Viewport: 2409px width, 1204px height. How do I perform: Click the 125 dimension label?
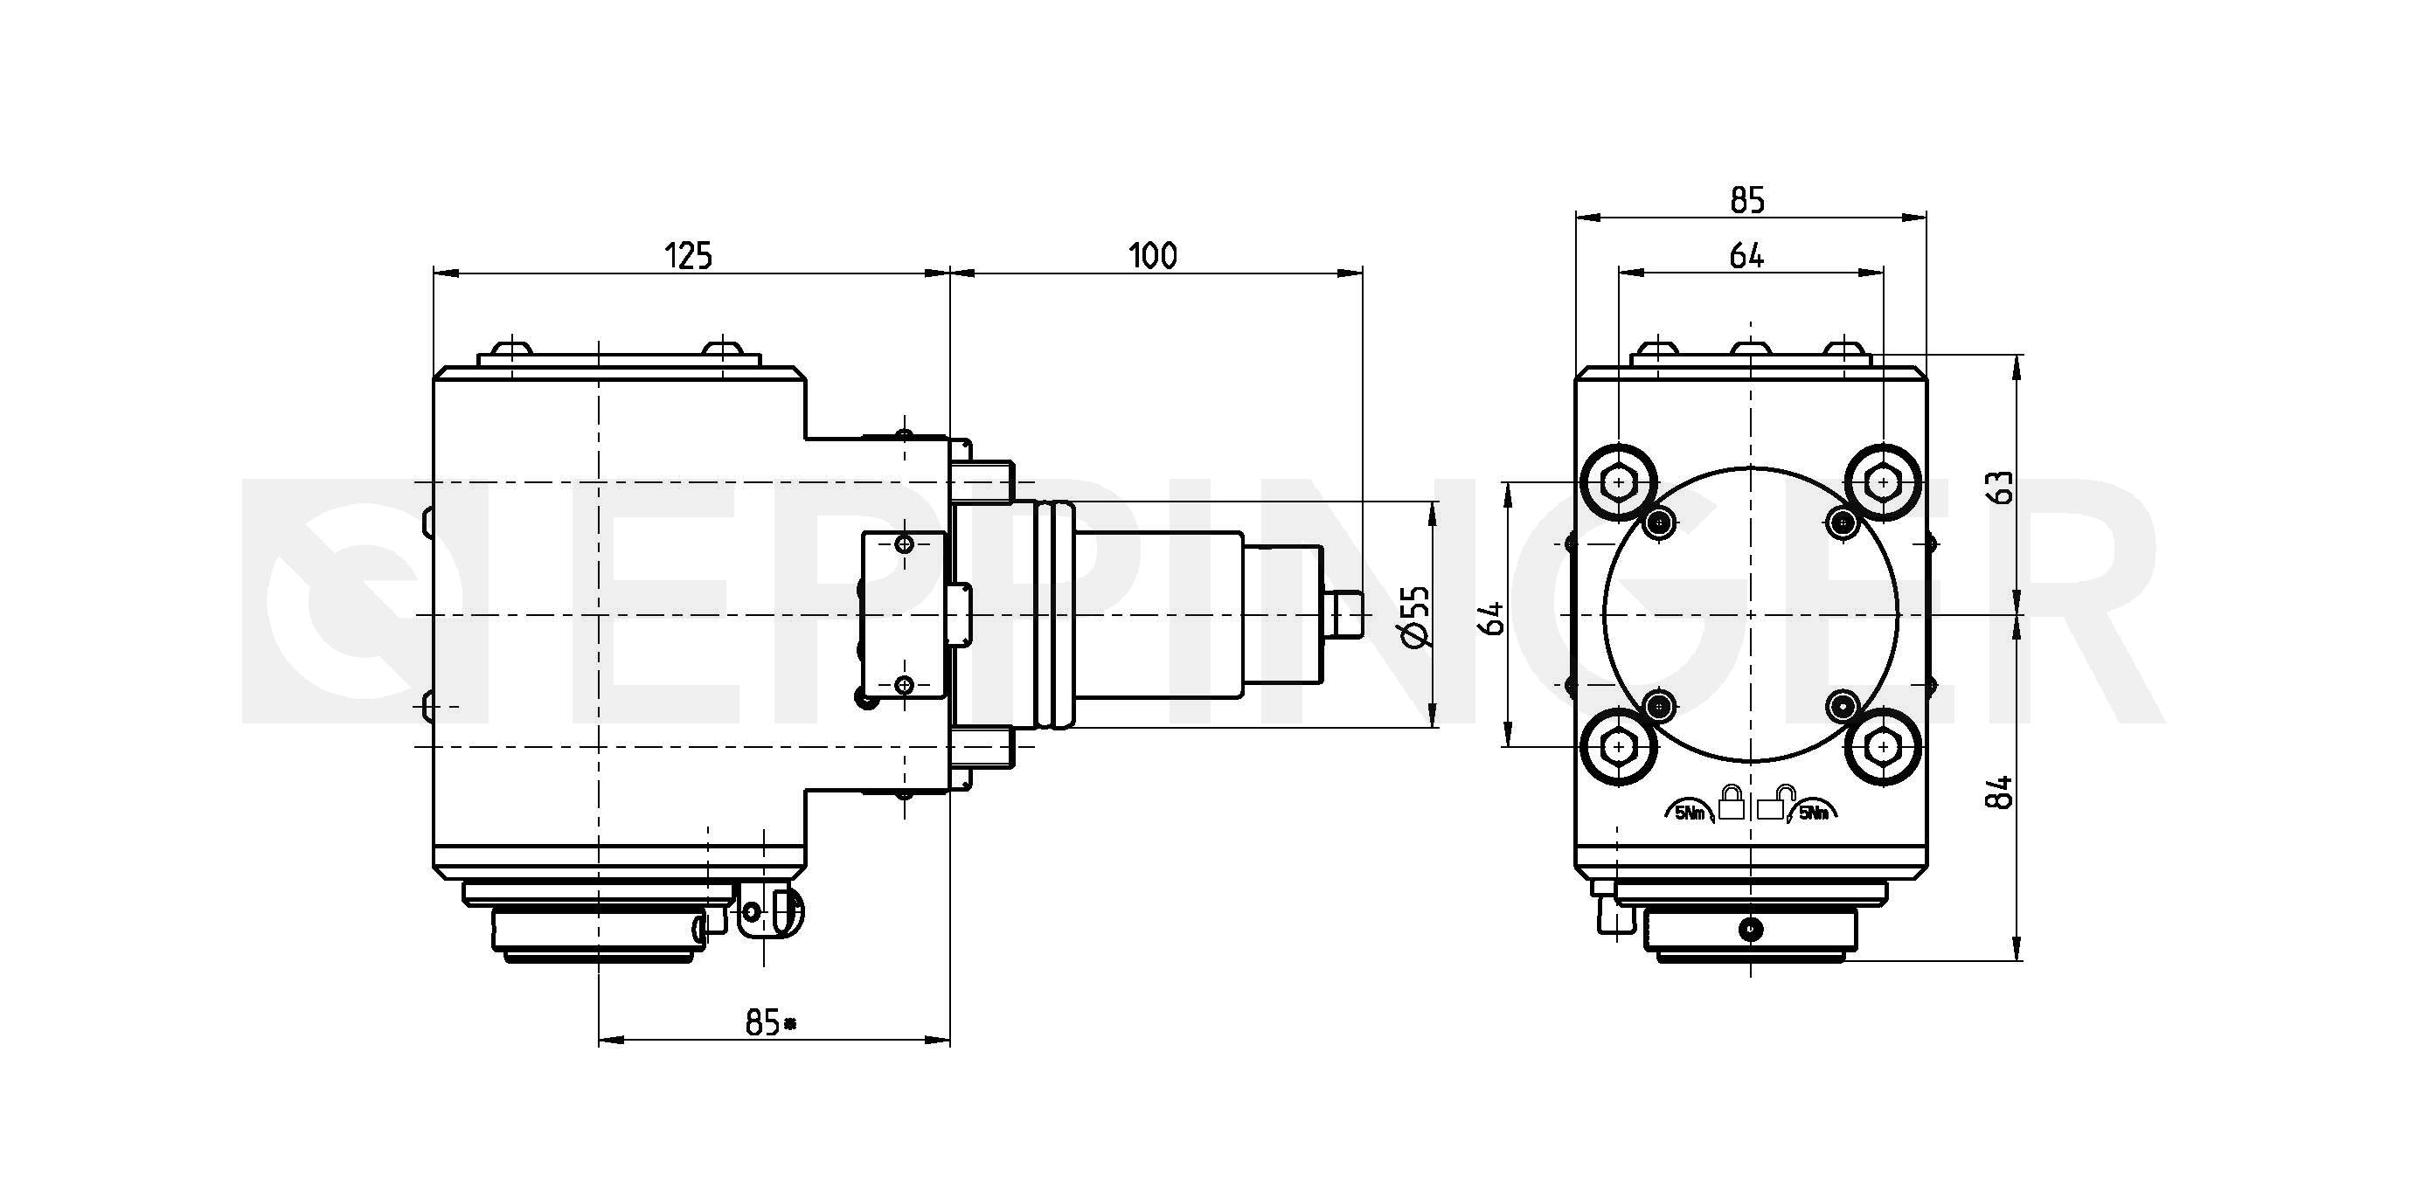click(688, 255)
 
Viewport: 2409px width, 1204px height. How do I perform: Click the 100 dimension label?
click(1153, 255)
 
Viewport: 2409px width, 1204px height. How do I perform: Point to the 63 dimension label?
click(2002, 486)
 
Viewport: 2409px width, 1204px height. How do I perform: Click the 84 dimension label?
click(2002, 792)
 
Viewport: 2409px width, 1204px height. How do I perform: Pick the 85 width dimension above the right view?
click(1747, 200)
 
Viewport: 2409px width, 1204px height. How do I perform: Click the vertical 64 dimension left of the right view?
click(1495, 618)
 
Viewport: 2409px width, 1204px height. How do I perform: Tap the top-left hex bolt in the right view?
click(1619, 482)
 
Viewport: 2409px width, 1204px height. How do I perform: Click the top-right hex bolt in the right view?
click(1884, 482)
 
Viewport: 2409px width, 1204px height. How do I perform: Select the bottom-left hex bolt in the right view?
click(1619, 746)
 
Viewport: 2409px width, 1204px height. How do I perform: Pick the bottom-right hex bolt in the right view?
click(1884, 746)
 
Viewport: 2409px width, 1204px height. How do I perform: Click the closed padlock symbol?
click(1731, 802)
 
